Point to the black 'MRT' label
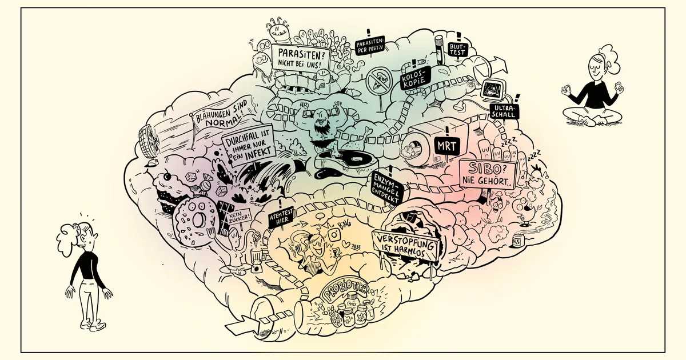446,145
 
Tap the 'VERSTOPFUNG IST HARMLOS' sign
404,244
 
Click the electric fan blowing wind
149,145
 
